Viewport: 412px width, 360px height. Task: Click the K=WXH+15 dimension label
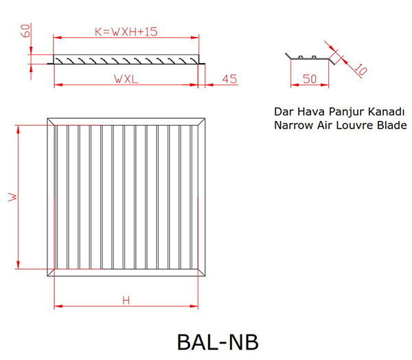tap(126, 32)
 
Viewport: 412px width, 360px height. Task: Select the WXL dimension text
tap(126, 79)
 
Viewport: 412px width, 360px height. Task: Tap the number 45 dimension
tap(229, 79)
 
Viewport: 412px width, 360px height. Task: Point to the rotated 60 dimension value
tap(25, 31)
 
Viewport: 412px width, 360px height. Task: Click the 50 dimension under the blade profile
tap(310, 79)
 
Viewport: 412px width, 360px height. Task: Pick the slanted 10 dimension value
tap(360, 69)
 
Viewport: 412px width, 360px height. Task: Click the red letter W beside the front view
tap(12, 197)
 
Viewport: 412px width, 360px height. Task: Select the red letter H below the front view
tap(126, 300)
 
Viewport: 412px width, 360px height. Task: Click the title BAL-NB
tap(218, 342)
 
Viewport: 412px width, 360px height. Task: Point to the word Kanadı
tap(386, 111)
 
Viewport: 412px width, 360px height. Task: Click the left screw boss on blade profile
tap(300, 57)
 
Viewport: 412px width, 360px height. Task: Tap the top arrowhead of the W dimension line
tap(18, 129)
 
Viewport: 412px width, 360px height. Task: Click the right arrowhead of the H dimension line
tap(194, 306)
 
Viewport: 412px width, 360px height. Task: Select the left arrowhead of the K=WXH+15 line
tap(58, 38)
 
